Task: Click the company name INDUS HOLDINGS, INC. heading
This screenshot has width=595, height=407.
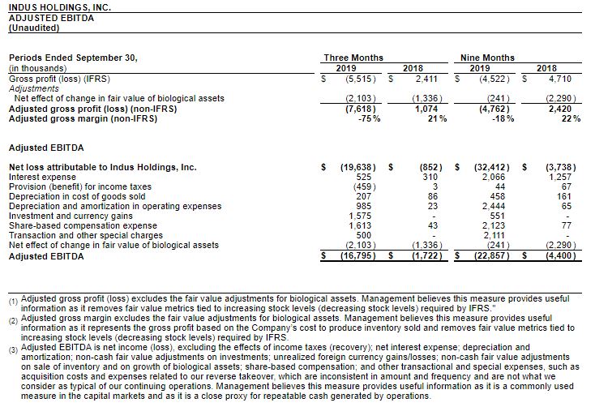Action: (x=59, y=7)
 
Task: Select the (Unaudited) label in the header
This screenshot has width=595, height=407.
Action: (x=33, y=27)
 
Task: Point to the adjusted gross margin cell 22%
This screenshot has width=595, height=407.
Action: (x=571, y=118)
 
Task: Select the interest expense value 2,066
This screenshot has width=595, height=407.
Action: (x=493, y=177)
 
